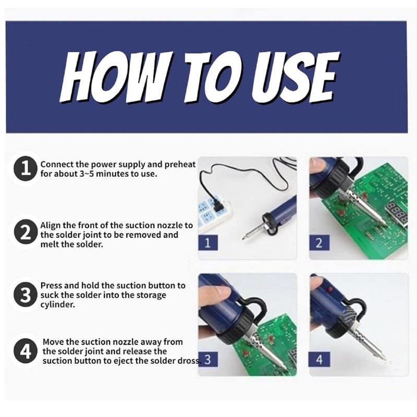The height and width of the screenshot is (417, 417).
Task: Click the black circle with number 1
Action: click(x=25, y=168)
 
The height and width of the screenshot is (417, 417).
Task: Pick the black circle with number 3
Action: click(x=25, y=295)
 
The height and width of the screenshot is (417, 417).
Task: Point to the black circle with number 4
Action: click(x=25, y=351)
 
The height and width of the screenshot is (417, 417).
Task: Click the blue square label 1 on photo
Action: click(x=208, y=242)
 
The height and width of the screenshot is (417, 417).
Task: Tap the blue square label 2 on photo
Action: click(x=320, y=242)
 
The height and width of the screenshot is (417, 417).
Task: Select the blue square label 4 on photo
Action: click(x=320, y=359)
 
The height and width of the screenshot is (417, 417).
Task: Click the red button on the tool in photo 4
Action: click(x=330, y=289)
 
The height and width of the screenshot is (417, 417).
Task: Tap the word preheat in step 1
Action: click(x=180, y=165)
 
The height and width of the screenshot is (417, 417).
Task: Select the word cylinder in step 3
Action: click(x=57, y=305)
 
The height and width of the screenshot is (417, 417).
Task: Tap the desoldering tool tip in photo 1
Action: click(x=243, y=239)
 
